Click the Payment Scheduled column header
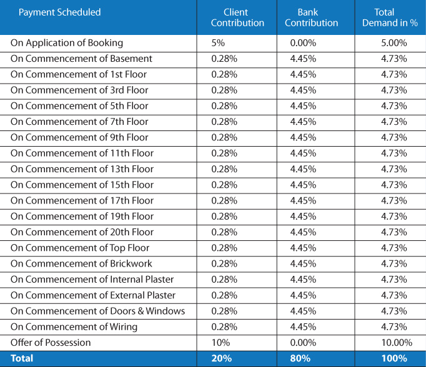coord(59,12)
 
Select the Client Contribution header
coord(237,17)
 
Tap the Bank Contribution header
coord(311,17)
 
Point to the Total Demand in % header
coord(390,17)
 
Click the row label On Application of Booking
coord(67,43)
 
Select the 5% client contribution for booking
coord(218,43)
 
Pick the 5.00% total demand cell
coord(394,43)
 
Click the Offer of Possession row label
coord(51,343)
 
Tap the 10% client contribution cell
coord(220,343)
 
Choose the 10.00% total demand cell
coord(397,343)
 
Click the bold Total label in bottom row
coord(22,358)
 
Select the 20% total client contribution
coord(222,358)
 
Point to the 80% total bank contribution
coord(300,358)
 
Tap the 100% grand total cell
coord(394,358)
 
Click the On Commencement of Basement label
coord(81,59)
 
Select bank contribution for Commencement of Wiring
coord(303,327)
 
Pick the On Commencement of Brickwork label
coord(81,263)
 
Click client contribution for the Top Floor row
coord(224,248)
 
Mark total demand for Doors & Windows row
coord(394,311)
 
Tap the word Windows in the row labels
coord(165,311)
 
